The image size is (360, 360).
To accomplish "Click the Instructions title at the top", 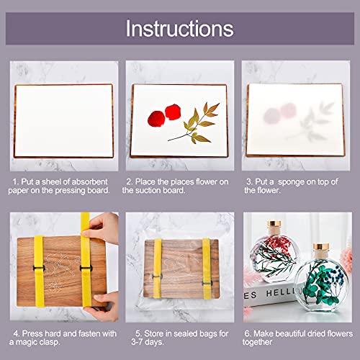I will [x=180, y=29].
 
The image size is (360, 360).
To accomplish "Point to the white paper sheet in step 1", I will [x=57, y=114].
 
